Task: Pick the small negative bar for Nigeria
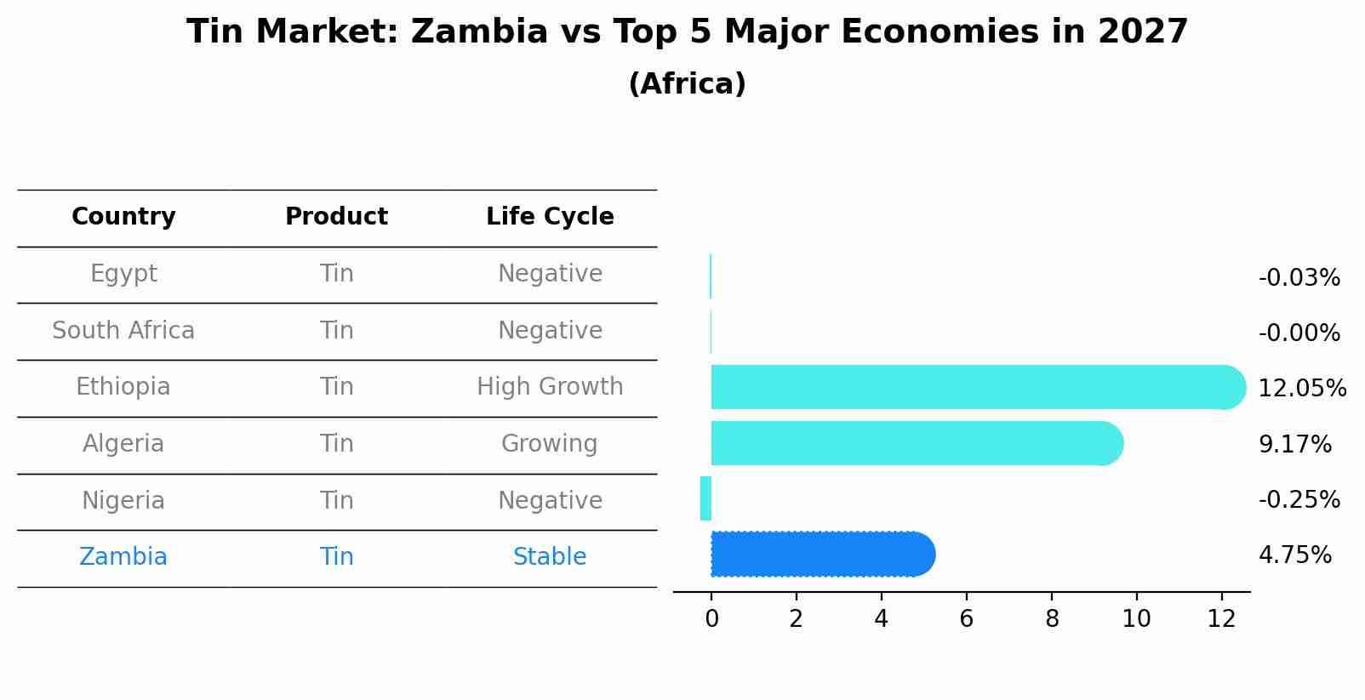[705, 498]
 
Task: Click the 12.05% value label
[1301, 389]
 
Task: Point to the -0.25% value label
[1299, 500]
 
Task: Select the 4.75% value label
[1294, 555]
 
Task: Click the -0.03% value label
[1299, 278]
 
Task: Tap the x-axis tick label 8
[1052, 619]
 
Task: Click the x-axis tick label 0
[711, 619]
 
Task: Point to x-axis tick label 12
[1221, 619]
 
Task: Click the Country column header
[123, 217]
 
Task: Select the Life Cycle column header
[550, 217]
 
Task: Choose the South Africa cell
[123, 331]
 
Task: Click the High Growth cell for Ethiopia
[550, 387]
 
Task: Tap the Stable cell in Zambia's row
[550, 557]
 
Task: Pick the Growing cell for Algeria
[550, 444]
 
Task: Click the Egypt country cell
[123, 274]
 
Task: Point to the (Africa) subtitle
[687, 84]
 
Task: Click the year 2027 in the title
[1142, 32]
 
